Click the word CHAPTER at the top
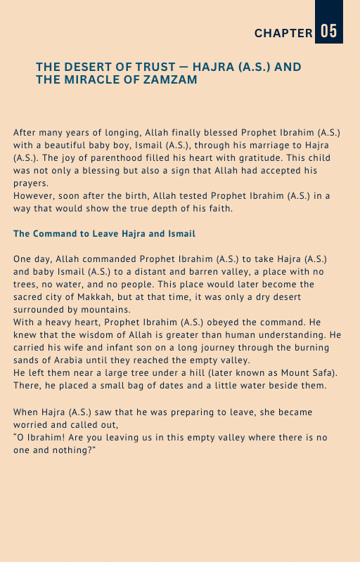pos(283,33)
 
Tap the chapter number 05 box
pos(328,32)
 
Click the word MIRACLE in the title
pos(94,80)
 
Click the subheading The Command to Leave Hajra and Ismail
pos(104,233)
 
